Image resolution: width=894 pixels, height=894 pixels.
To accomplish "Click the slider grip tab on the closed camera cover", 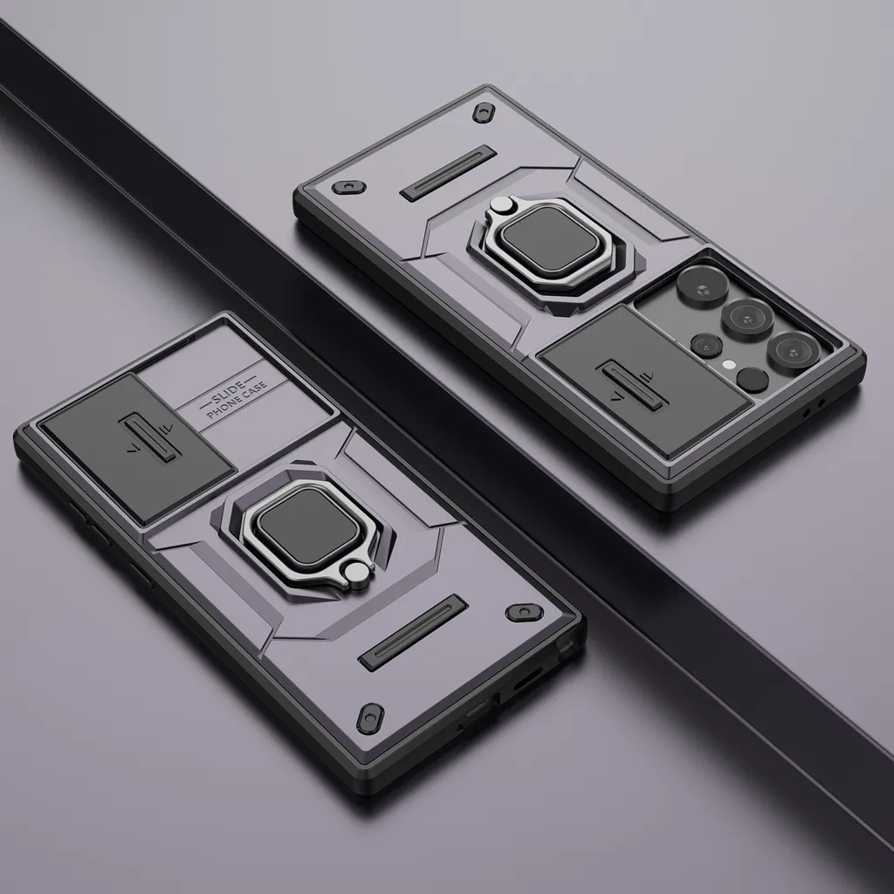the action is (148, 435).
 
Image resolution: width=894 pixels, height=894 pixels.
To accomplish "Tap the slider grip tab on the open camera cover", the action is (630, 384).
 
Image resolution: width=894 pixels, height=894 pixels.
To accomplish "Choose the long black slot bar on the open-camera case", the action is (448, 174).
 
